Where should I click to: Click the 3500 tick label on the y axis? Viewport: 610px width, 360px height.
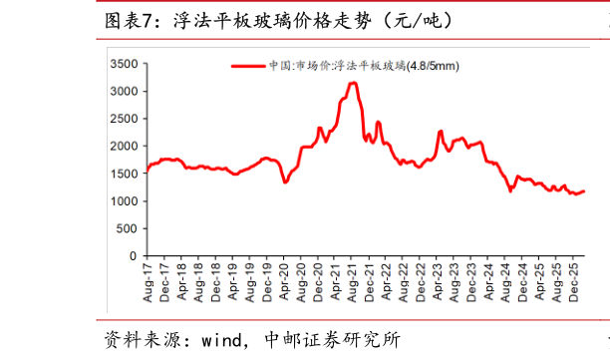(125, 64)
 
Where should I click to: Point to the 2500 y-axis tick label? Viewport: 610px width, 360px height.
(125, 119)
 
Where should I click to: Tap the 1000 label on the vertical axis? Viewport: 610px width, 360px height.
(125, 201)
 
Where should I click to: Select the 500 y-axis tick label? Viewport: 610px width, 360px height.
(128, 228)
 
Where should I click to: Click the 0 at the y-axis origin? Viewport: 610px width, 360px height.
(134, 256)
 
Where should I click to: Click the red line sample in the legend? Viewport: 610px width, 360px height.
(248, 66)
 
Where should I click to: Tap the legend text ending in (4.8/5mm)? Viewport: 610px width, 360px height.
(364, 66)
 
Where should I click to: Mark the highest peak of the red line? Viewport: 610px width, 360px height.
(353, 83)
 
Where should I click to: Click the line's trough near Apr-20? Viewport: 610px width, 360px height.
(285, 181)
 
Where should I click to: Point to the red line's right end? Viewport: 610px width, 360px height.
(584, 191)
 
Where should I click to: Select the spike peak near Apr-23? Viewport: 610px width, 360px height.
(441, 132)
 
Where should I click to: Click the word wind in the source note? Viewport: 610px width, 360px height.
(221, 340)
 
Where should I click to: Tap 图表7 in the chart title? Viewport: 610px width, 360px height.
(130, 21)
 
